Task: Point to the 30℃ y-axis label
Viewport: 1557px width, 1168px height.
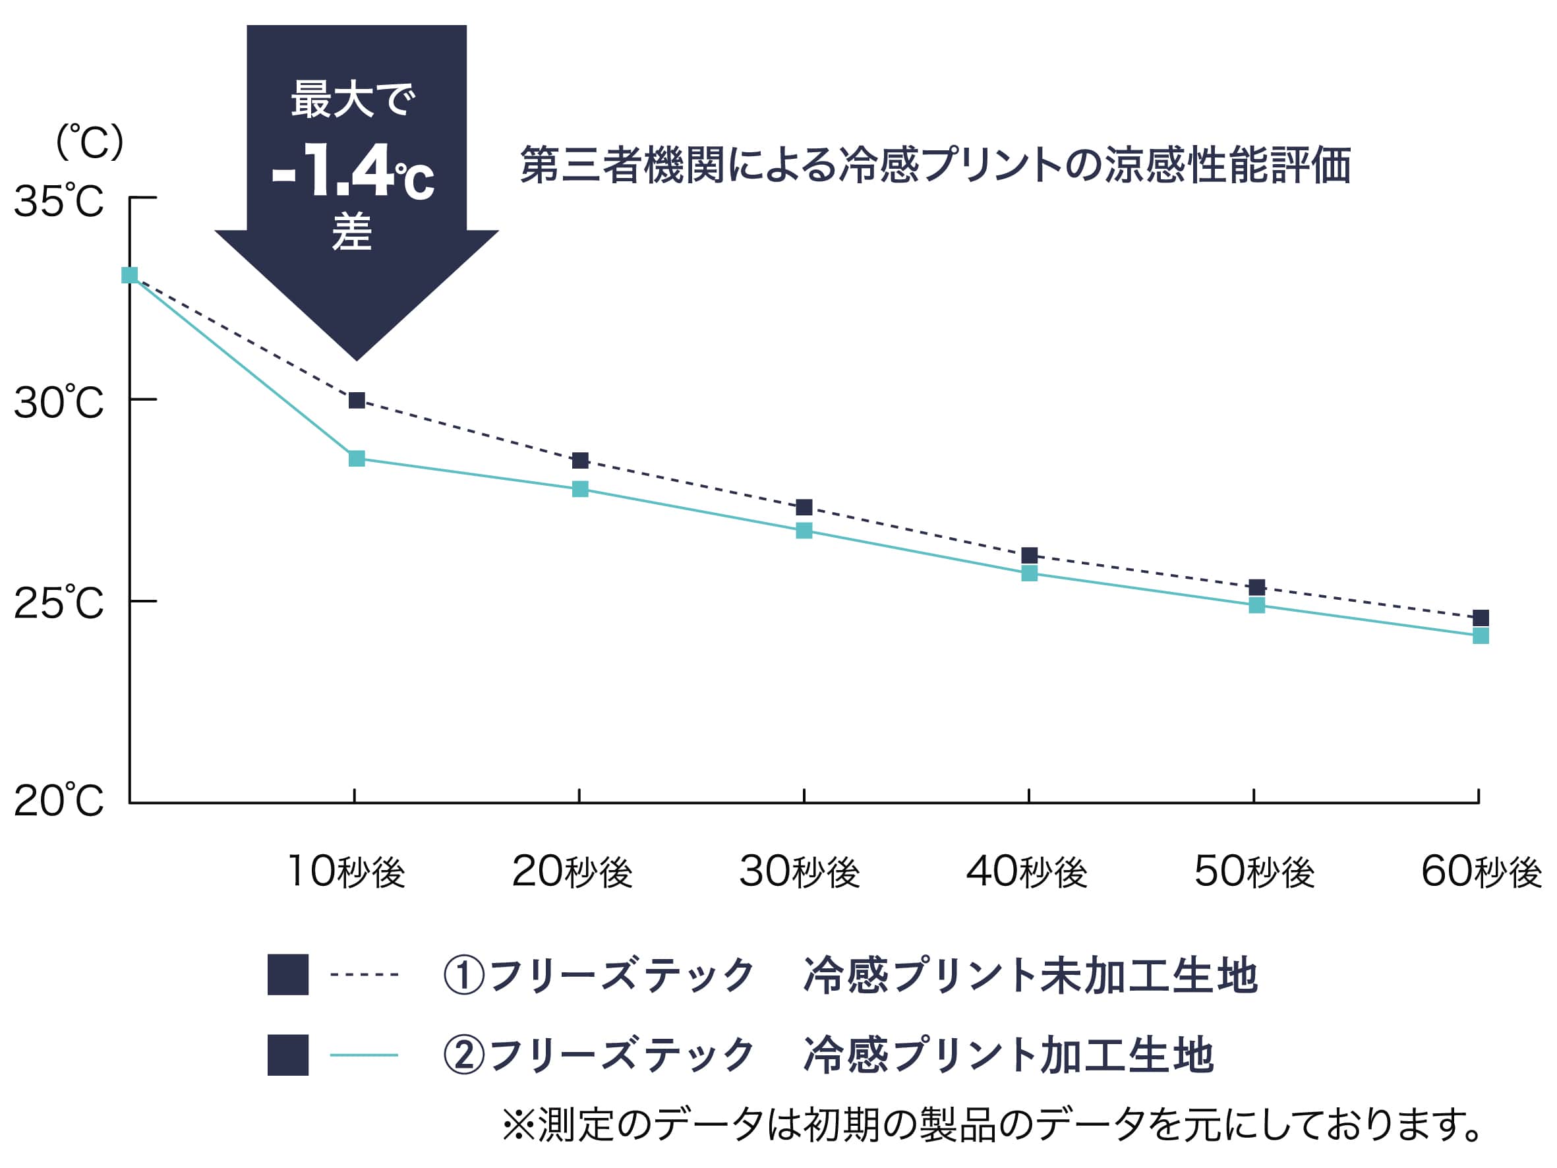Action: pos(59,403)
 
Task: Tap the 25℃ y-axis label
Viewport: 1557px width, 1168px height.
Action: pos(59,603)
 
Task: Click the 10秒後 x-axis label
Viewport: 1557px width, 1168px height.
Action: pos(347,871)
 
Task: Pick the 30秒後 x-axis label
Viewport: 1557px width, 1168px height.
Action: pos(800,871)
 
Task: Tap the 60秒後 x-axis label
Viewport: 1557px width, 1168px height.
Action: pos(1481,871)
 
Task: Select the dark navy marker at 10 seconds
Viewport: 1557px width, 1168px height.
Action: pos(357,401)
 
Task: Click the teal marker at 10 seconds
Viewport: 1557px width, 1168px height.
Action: pos(357,459)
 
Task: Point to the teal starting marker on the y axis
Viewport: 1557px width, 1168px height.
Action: pos(129,276)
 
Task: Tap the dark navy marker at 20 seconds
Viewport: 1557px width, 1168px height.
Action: pos(580,461)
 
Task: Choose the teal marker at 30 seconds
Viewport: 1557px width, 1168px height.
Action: pos(804,531)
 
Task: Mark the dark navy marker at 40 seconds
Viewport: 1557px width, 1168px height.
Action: pos(1029,556)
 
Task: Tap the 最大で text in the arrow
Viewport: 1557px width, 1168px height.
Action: pos(353,100)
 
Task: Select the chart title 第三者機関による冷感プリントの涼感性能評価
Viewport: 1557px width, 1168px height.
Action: pos(935,165)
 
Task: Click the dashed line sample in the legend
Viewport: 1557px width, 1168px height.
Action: pos(364,975)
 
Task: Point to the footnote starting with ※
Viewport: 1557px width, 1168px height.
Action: pos(993,1124)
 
